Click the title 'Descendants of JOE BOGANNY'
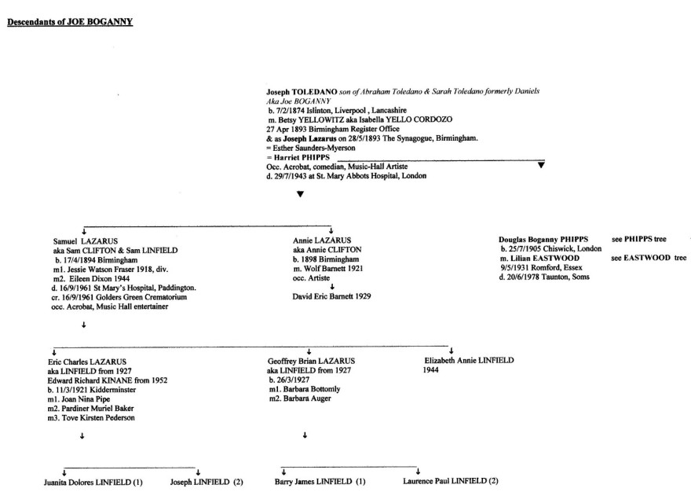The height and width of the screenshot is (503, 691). [x=70, y=22]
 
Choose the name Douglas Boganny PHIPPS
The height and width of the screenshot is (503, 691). [x=543, y=239]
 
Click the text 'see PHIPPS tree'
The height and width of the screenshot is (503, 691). [x=639, y=239]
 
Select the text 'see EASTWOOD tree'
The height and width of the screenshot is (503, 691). [x=649, y=258]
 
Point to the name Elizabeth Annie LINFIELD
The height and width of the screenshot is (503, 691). [x=468, y=360]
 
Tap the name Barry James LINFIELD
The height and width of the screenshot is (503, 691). [x=320, y=481]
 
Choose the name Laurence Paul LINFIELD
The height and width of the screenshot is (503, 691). [x=450, y=481]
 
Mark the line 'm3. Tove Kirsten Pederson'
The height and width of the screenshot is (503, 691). [x=92, y=417]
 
